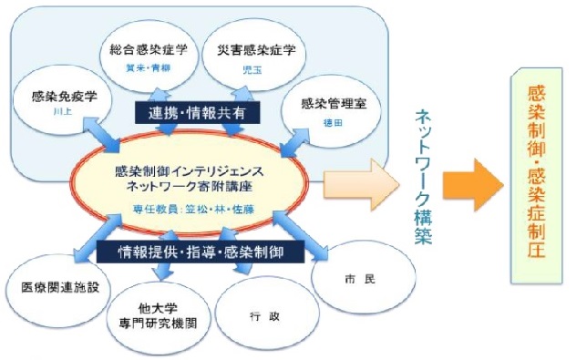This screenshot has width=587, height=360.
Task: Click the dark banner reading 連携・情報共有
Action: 198,112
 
